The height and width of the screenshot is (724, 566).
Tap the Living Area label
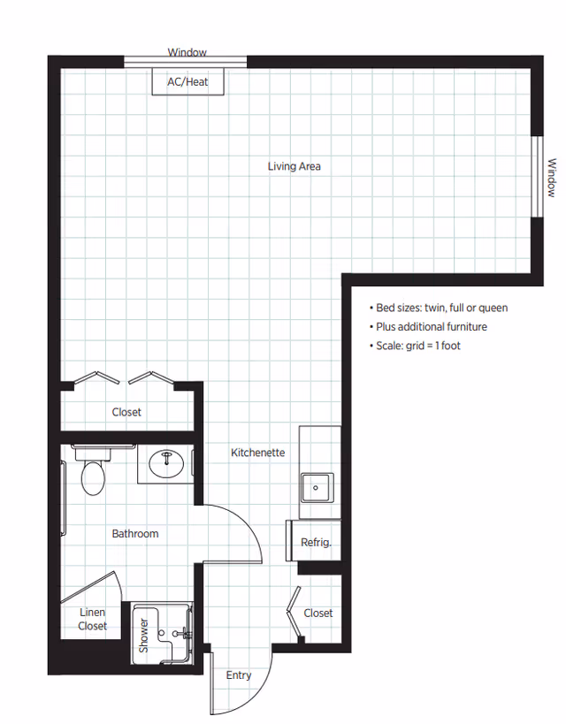294,165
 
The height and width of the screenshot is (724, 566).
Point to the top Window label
187,53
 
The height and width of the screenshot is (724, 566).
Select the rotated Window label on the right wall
551,177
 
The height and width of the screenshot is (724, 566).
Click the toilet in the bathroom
93,475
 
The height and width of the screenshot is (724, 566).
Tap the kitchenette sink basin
316,486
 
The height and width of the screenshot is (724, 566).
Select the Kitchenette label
257,453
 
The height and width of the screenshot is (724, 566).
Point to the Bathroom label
135,533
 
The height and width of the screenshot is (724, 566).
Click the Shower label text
143,636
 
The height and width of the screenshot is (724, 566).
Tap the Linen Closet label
92,619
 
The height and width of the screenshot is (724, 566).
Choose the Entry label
239,675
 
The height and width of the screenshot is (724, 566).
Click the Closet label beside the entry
318,613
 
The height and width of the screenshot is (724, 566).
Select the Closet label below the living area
126,412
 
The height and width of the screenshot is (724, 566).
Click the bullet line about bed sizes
438,308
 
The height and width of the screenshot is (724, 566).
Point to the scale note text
415,346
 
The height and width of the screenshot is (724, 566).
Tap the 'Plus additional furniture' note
427,327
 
